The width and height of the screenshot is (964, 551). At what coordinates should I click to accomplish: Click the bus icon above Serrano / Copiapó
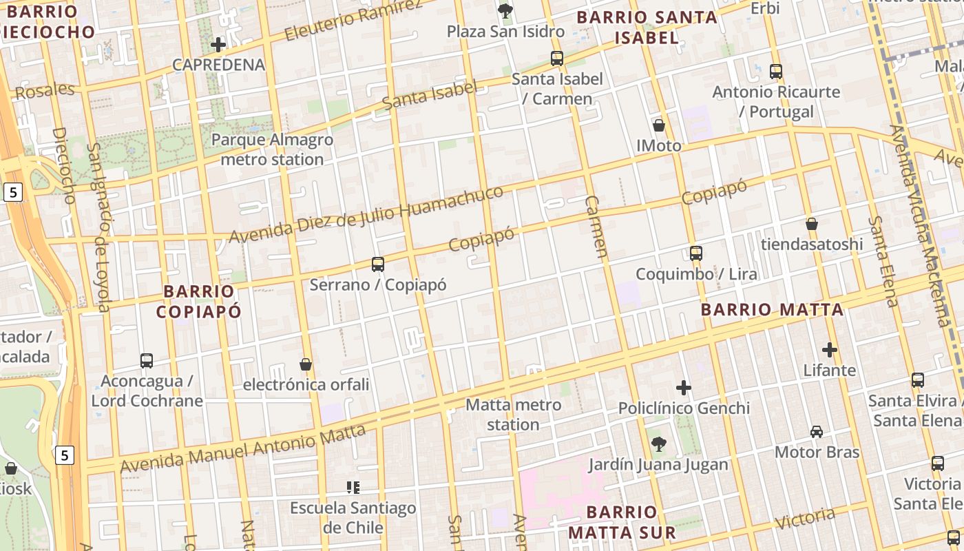coord(377,264)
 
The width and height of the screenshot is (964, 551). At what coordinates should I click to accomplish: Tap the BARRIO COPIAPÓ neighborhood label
coord(199,302)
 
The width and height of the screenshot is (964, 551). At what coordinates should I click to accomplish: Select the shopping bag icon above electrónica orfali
coord(306,364)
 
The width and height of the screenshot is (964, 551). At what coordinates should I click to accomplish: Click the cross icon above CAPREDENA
coord(218,45)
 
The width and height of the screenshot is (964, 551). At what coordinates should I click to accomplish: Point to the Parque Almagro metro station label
coord(272,149)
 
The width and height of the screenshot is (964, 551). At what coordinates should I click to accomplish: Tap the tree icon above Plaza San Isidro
coord(505,10)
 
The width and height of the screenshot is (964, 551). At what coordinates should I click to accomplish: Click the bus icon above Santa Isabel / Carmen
coord(557,59)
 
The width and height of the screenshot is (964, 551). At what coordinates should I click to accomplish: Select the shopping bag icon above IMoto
coord(659,125)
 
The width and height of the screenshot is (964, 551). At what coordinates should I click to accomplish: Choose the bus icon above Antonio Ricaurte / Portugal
coord(776,71)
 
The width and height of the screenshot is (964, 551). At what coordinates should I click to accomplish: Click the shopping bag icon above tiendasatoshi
coord(812,224)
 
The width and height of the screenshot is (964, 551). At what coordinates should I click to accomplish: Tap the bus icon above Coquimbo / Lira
coord(696,253)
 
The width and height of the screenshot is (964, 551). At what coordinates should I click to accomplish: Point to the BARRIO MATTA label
coord(772,310)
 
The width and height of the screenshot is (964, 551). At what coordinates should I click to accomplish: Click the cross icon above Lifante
coord(830,350)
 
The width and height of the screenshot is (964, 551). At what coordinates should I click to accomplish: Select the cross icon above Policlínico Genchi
coord(684,388)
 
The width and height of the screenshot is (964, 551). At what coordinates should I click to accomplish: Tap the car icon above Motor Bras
coord(817,432)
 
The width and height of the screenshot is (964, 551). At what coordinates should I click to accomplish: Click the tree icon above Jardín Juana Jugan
coord(658,444)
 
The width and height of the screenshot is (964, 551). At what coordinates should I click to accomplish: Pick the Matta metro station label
coord(513,415)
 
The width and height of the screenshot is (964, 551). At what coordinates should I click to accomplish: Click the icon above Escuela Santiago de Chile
coord(353,488)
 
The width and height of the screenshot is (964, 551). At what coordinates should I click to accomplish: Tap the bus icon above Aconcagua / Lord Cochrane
coord(147,360)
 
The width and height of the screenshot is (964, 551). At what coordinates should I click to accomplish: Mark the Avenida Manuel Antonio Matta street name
coord(242,449)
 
